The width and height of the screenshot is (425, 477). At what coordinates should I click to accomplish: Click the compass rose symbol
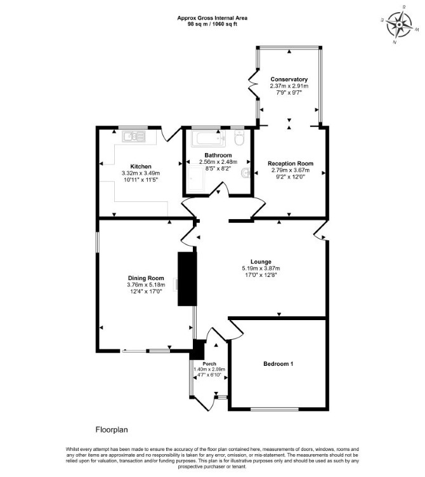pos(399,24)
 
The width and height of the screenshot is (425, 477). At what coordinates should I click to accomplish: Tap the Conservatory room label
pos(289,79)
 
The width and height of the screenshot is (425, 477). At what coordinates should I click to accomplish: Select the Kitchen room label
pos(141,166)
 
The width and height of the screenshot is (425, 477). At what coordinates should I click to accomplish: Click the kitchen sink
pos(134,137)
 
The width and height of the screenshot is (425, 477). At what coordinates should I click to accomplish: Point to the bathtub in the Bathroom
pos(209,138)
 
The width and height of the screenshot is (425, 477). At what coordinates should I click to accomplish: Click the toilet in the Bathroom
pos(239,138)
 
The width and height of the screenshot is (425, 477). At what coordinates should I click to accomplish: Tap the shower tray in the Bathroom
pos(196,178)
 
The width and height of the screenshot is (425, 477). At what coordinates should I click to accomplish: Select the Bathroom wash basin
pos(245,173)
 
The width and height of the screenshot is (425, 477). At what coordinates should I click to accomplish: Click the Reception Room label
pos(291,163)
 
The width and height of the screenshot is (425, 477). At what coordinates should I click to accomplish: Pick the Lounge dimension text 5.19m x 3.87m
pos(261,268)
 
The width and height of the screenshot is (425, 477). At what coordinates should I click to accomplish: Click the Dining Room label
pos(146,278)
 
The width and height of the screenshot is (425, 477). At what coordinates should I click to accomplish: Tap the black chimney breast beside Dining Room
pos(187,279)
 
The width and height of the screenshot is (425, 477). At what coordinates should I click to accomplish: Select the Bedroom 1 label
pos(278,363)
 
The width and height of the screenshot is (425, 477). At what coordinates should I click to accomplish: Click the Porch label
pos(209,363)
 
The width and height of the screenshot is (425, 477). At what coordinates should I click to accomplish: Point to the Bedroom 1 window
pos(275,409)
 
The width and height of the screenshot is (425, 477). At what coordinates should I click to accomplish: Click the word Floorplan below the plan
pos(112,429)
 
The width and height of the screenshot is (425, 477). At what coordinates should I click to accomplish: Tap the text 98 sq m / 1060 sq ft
pos(213,24)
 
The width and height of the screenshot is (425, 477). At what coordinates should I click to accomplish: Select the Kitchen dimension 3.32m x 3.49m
pos(141,173)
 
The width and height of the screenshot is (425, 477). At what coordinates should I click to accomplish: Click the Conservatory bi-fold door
pos(253,85)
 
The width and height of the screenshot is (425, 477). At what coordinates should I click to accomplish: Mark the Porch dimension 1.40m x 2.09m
pos(209,369)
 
